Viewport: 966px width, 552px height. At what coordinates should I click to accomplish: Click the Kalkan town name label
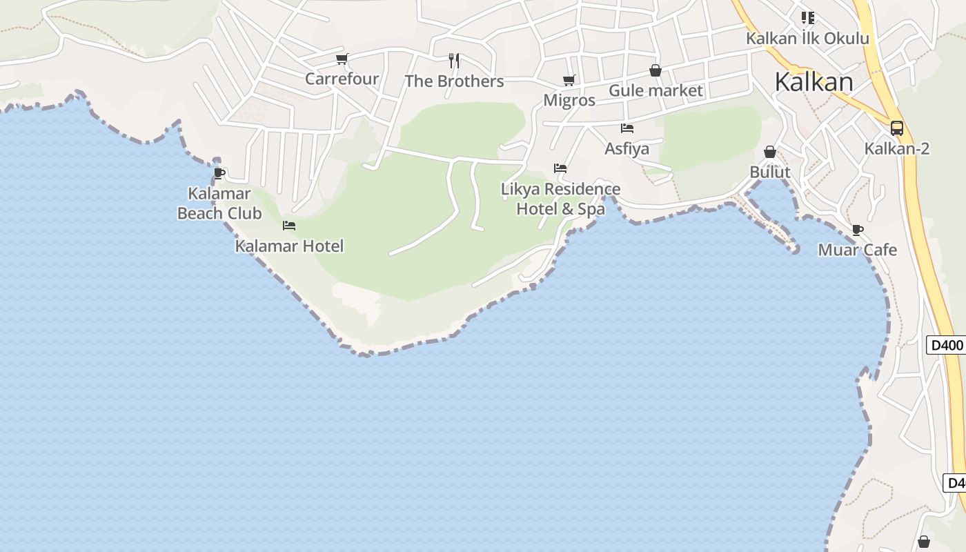click(814, 82)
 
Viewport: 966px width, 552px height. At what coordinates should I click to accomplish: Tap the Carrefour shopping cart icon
click(342, 59)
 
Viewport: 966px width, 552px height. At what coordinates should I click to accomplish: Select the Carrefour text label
click(342, 79)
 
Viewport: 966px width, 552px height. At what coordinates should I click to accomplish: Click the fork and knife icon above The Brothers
click(454, 61)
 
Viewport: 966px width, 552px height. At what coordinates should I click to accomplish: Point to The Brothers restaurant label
click(454, 81)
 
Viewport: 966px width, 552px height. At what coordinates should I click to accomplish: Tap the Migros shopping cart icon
click(569, 81)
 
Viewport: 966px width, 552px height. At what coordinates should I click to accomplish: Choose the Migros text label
click(569, 100)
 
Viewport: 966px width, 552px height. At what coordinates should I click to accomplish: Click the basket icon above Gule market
click(655, 70)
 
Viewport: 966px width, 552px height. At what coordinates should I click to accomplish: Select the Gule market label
click(655, 90)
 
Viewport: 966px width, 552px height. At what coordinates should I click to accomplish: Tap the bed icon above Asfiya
click(627, 128)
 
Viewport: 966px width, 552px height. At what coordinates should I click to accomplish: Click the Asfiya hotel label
click(627, 148)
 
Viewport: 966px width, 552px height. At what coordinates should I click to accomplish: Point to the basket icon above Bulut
click(770, 152)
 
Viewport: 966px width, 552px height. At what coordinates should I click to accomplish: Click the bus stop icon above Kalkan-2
click(897, 128)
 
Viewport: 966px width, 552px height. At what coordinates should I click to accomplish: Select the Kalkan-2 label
click(897, 148)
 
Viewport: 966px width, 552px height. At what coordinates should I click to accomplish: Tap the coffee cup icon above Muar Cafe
click(858, 230)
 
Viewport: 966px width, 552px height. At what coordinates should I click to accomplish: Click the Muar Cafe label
click(858, 250)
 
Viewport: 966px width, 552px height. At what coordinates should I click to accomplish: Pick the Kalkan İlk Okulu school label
click(807, 39)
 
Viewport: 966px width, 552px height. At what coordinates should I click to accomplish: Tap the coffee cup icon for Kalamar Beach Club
click(219, 173)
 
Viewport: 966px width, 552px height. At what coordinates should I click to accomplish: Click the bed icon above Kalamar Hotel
click(289, 226)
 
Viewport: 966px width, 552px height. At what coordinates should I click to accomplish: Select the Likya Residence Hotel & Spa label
click(560, 199)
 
